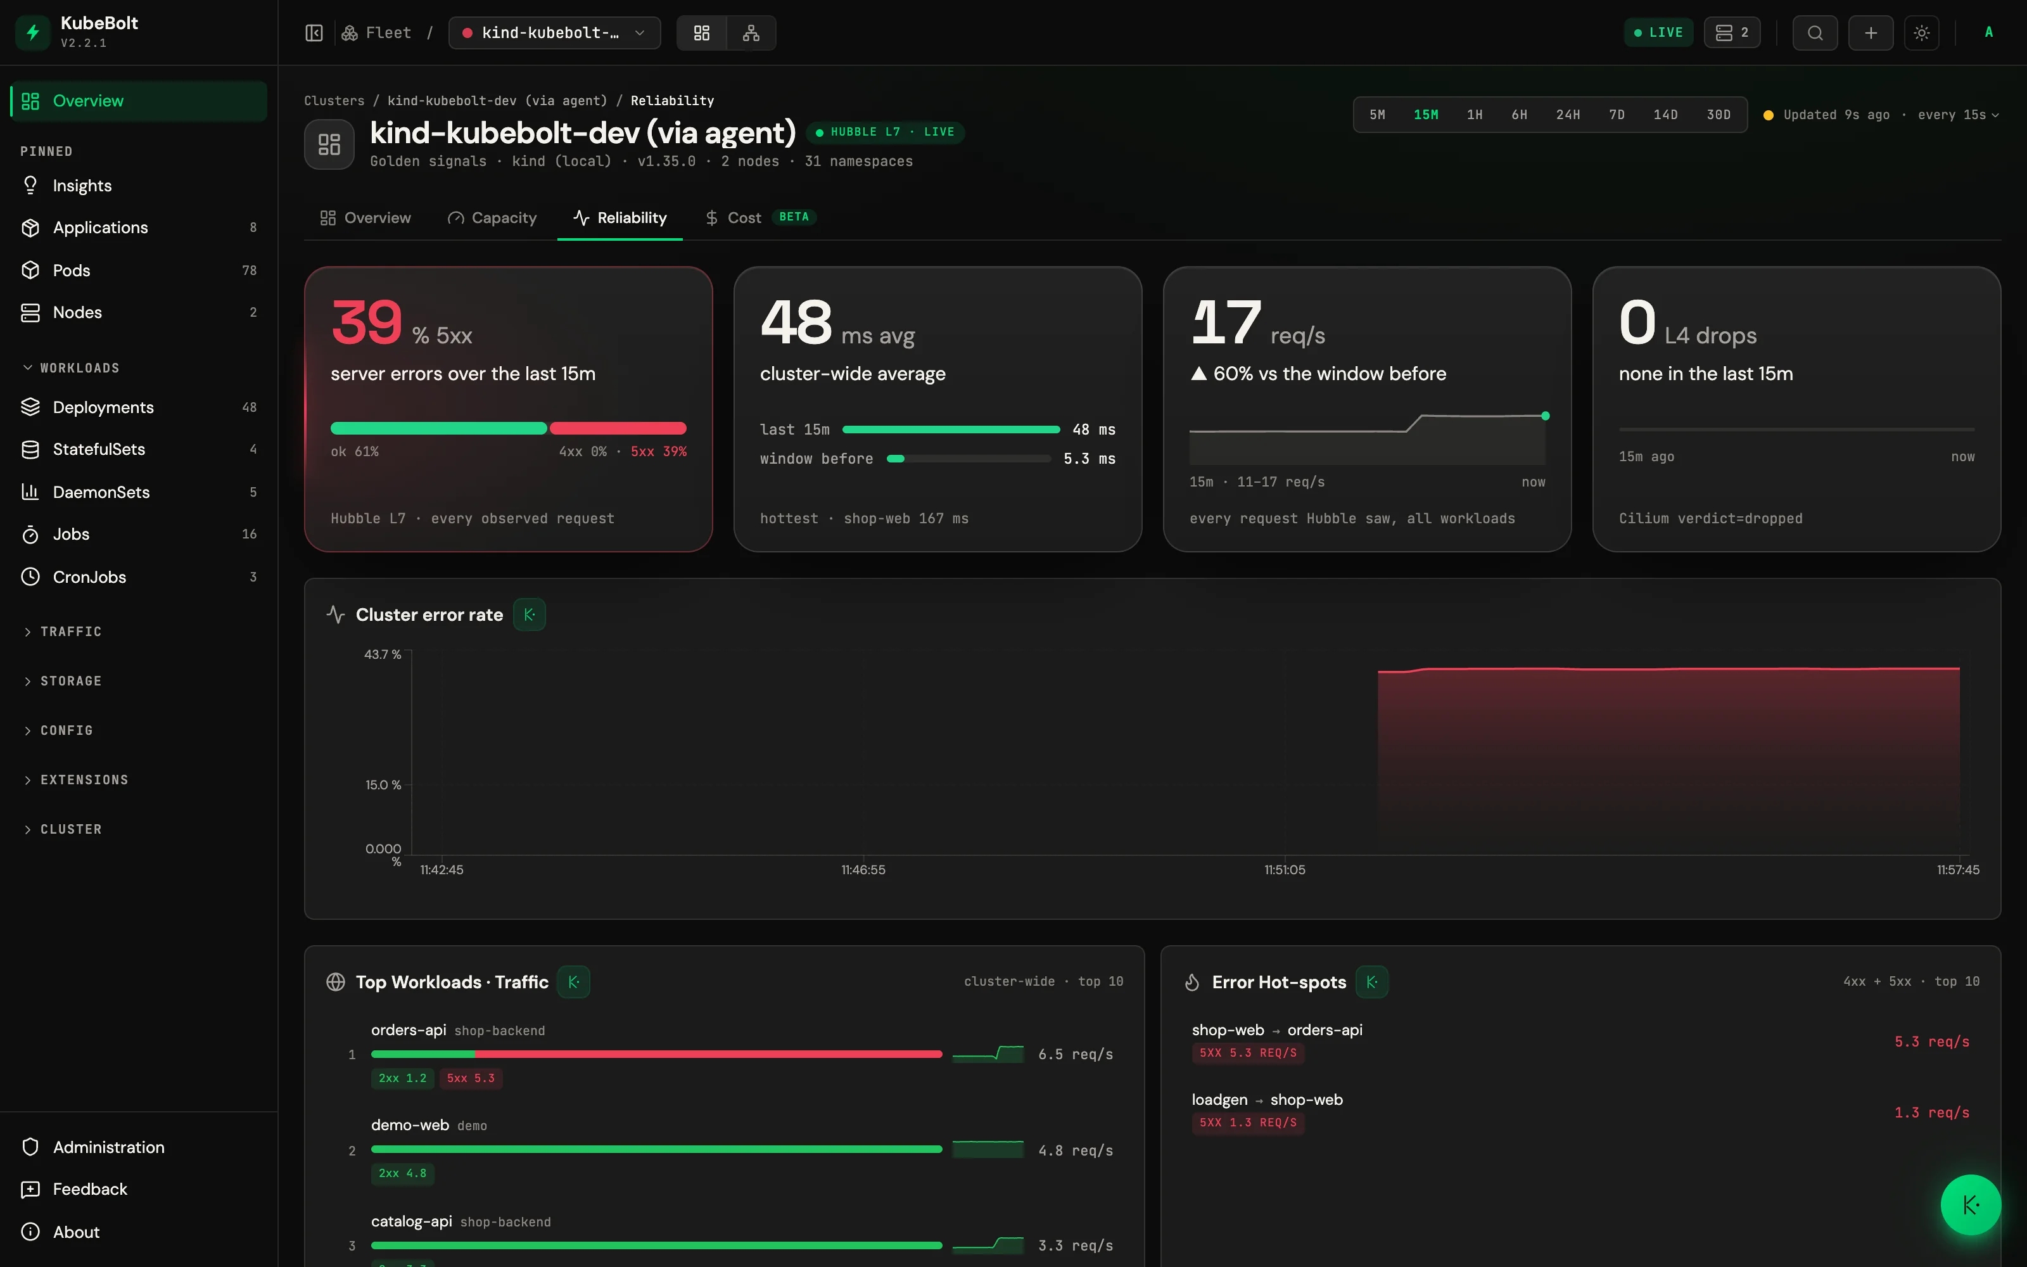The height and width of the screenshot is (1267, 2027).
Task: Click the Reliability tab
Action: [620, 218]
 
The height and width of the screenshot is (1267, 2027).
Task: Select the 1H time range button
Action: [1474, 115]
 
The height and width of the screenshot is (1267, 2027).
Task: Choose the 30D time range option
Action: [1718, 115]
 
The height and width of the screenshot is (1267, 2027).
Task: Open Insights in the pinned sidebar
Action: [82, 185]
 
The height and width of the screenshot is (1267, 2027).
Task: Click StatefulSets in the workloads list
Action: [99, 449]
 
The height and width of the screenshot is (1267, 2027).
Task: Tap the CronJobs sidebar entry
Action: [89, 576]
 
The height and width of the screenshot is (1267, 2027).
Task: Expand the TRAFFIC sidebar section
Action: [71, 632]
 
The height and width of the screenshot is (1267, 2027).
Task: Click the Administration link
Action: [109, 1147]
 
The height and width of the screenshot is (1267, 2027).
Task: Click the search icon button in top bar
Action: [1815, 33]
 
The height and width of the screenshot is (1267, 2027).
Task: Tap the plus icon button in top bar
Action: [1871, 33]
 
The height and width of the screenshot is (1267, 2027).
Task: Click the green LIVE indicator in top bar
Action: [1658, 33]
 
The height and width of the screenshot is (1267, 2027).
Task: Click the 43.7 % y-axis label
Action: [383, 654]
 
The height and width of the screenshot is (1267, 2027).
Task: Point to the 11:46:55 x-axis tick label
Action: [863, 870]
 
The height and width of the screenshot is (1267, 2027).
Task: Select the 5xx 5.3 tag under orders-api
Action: [471, 1078]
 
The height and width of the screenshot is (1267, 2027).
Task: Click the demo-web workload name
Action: [410, 1125]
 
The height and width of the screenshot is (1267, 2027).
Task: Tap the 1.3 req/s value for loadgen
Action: [1931, 1113]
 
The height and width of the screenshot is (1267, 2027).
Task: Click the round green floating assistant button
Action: [1970, 1205]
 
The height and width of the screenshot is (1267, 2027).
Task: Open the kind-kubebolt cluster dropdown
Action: [554, 33]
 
